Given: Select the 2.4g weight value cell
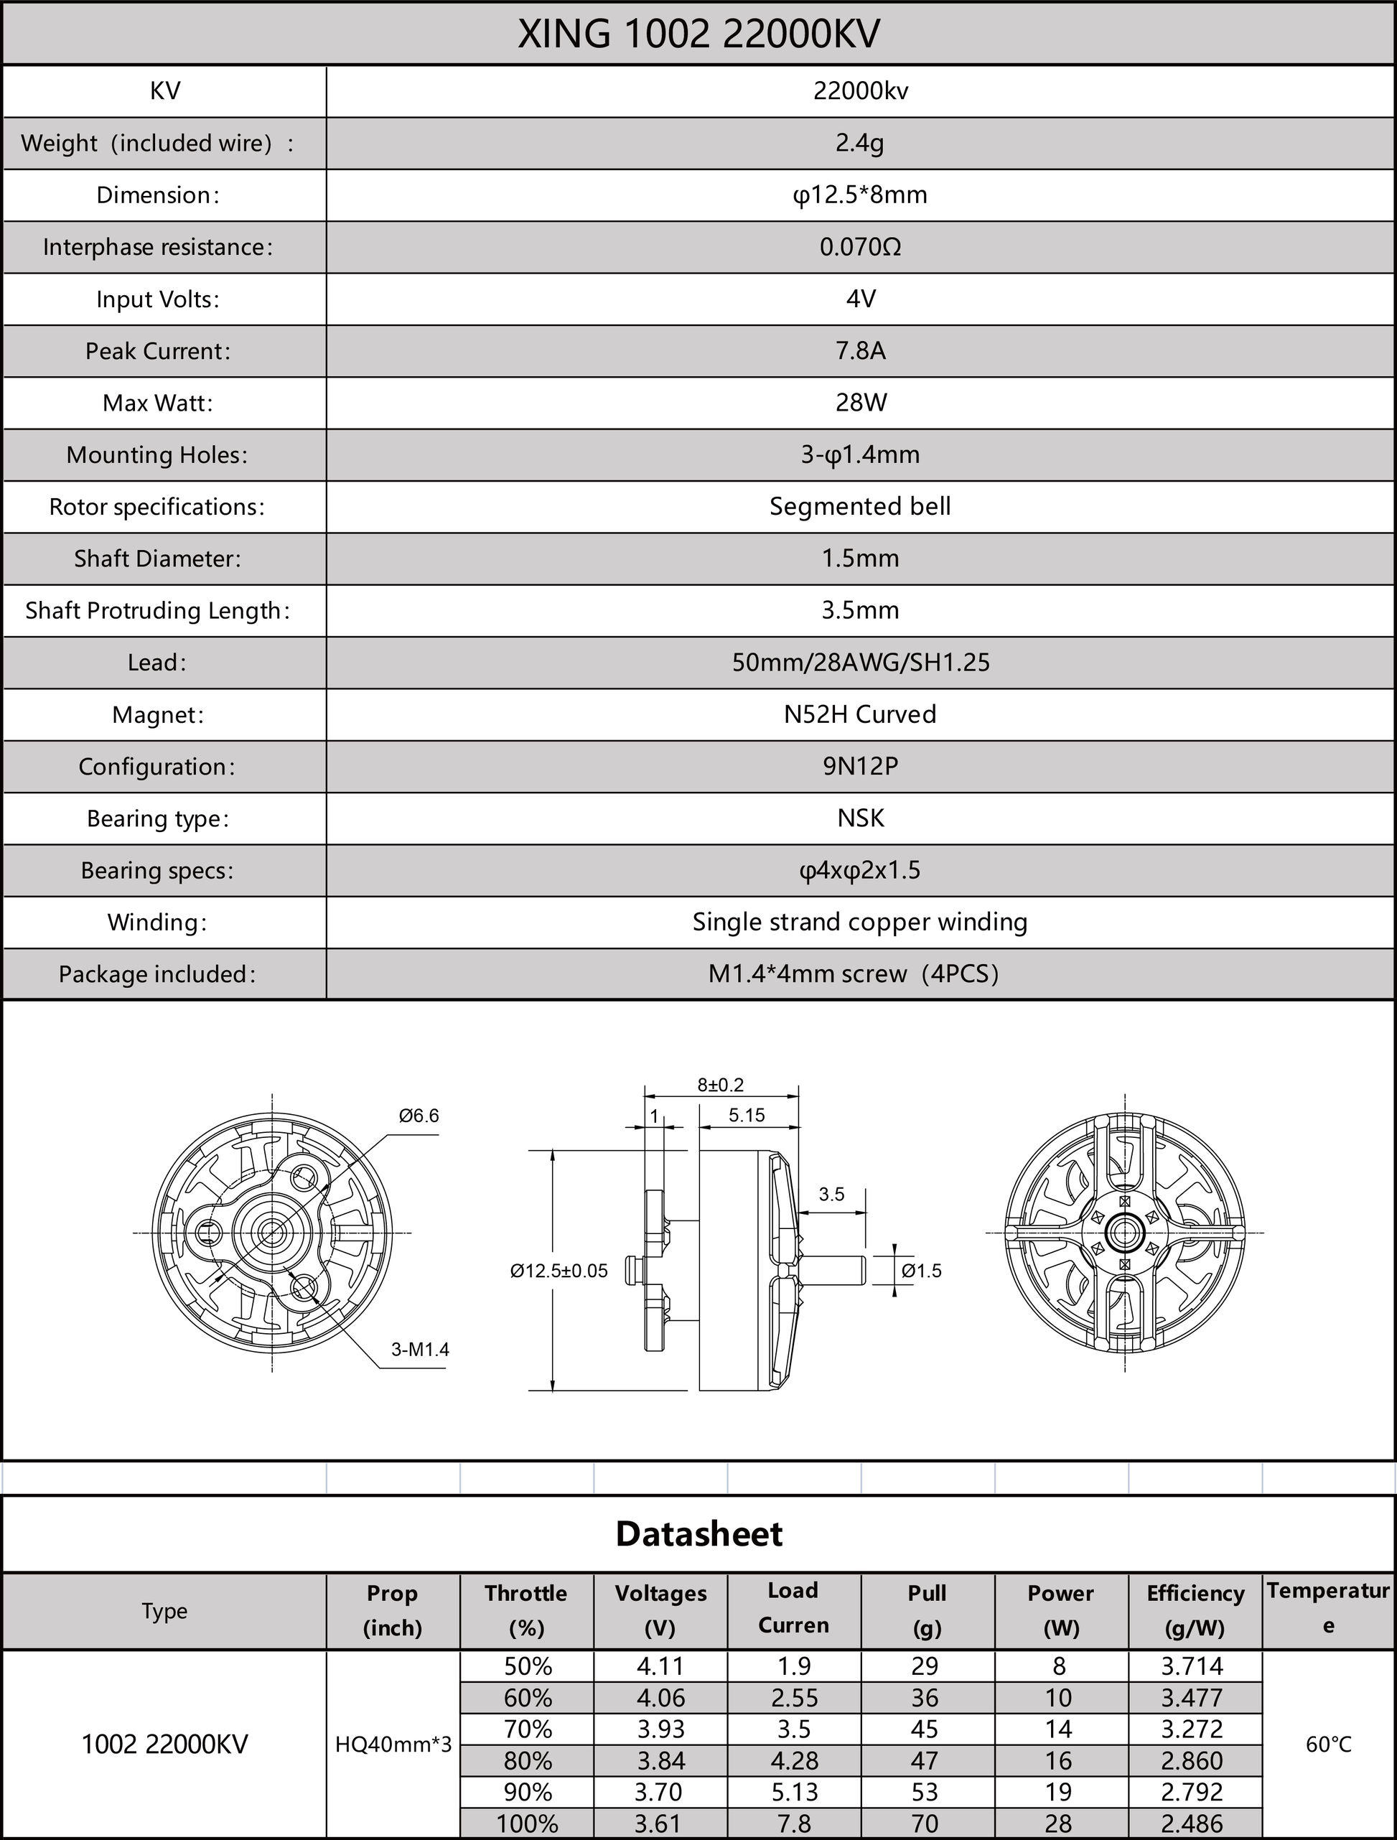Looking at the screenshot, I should coord(859,143).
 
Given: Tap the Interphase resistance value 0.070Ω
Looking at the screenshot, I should coord(859,247).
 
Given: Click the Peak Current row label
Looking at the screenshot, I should coord(158,351).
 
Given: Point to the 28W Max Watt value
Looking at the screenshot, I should coord(860,403).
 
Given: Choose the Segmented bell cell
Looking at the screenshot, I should coord(859,507).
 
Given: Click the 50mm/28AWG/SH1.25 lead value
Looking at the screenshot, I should coord(860,663).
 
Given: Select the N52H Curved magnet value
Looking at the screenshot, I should coord(859,714).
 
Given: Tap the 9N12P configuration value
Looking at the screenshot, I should coord(860,766).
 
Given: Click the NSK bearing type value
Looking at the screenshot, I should coord(860,818).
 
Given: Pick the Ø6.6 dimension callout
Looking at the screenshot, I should coord(419,1116).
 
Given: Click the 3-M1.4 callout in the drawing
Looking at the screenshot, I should coord(420,1349).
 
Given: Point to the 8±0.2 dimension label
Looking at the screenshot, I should coord(721,1085).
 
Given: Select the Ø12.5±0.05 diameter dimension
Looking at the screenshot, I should coord(559,1271).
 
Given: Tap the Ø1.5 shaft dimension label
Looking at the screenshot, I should coord(922,1271).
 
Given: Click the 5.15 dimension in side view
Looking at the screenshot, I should coord(747,1116).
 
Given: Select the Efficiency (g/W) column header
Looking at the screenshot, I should coord(1195,1610).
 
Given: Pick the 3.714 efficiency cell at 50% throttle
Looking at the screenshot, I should coord(1192,1666).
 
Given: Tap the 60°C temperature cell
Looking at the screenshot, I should coord(1329,1745).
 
